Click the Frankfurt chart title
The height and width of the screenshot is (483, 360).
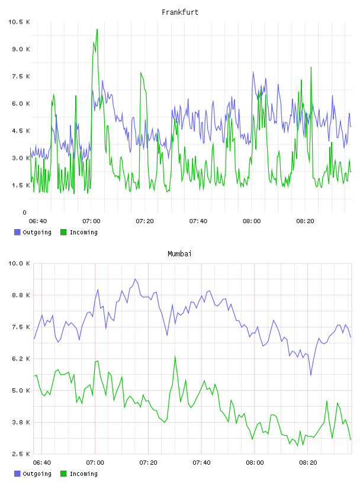coord(180,12)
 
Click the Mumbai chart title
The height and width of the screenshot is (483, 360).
coord(179,254)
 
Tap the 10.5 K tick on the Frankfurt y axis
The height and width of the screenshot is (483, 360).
coord(19,22)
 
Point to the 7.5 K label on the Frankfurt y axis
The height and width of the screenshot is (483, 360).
coord(21,76)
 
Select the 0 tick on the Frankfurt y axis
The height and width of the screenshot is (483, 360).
coord(25,212)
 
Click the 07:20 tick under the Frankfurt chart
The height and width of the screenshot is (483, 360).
coord(145,221)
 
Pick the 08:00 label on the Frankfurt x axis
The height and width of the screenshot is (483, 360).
coord(252,221)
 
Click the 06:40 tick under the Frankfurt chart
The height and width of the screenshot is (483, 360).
coord(38,221)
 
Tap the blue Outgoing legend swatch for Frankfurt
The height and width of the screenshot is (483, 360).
coord(17,232)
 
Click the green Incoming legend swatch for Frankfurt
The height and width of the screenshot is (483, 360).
coord(63,232)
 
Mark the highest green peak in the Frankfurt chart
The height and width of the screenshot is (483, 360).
coord(97,30)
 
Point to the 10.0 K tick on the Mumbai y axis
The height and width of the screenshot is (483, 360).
coord(19,263)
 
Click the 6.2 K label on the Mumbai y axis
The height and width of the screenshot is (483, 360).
coord(21,359)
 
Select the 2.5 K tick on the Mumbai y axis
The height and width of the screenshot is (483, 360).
coord(21,454)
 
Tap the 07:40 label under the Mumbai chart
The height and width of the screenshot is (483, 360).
coord(201,463)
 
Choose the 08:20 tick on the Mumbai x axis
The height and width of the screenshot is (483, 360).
coord(308,463)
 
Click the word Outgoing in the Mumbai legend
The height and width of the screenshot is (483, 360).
coord(37,474)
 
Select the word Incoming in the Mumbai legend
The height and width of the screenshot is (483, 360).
coord(83,474)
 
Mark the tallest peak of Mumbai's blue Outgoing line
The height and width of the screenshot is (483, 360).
coord(135,279)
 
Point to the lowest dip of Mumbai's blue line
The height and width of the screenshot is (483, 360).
coord(311,375)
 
